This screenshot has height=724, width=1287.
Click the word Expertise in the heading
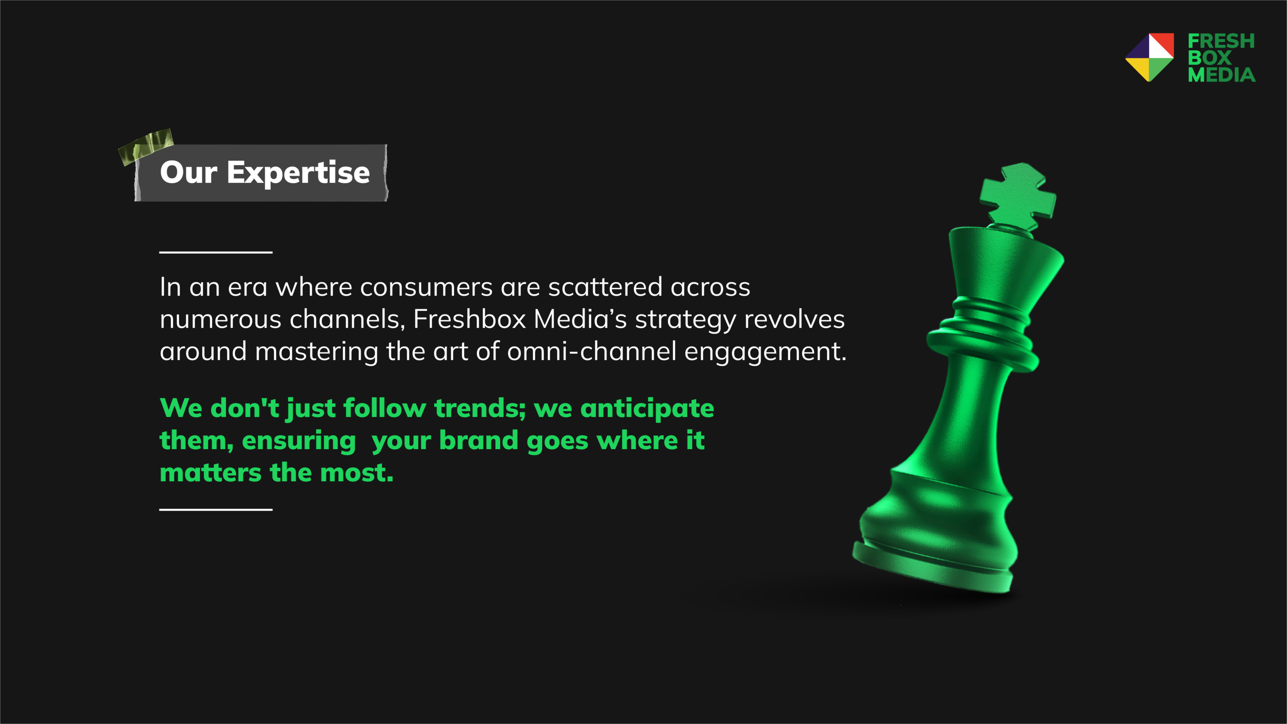[298, 173]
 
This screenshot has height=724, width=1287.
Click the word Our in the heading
[188, 173]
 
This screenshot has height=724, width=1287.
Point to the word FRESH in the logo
[1221, 41]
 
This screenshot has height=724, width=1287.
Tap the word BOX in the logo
[1209, 58]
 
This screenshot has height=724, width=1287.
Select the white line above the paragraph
[216, 252]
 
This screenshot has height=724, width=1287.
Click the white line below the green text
[216, 510]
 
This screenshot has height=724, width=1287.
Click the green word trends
[480, 408]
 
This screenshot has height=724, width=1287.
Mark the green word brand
[479, 440]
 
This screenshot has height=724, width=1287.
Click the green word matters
[210, 473]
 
